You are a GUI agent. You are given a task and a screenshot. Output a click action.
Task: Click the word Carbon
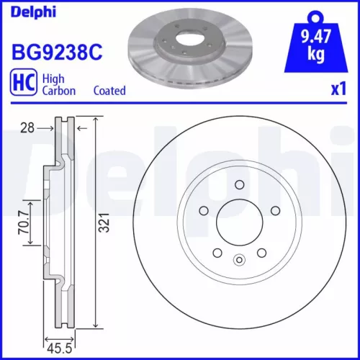click(60, 91)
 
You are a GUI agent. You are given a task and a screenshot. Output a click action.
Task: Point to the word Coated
click(109, 91)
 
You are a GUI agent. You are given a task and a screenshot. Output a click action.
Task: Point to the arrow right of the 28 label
click(47, 127)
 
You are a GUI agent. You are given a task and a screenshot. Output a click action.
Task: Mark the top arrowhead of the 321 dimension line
click(97, 120)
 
